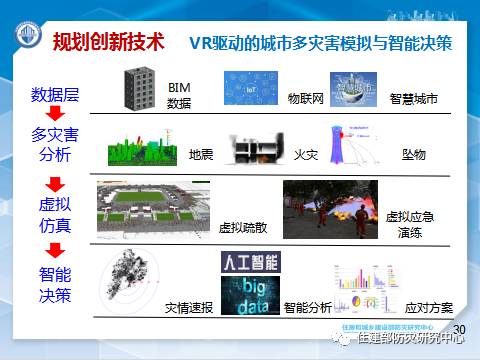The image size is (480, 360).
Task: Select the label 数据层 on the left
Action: click(55, 96)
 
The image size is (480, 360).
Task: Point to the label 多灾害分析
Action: click(55, 144)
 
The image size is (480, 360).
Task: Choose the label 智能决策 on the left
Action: click(56, 284)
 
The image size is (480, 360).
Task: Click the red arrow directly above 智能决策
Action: click(56, 250)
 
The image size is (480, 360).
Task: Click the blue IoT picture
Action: click(248, 90)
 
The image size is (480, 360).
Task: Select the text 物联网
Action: click(307, 99)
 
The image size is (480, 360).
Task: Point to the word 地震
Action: click(201, 155)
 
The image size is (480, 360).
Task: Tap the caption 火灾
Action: click(305, 155)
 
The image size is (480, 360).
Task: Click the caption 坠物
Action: click(413, 155)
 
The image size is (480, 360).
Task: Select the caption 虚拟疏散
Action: click(243, 227)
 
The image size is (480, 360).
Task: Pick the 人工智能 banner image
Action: click(250, 262)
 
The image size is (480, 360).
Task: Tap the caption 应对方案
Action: click(428, 308)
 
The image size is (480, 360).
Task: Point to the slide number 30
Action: click(460, 330)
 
